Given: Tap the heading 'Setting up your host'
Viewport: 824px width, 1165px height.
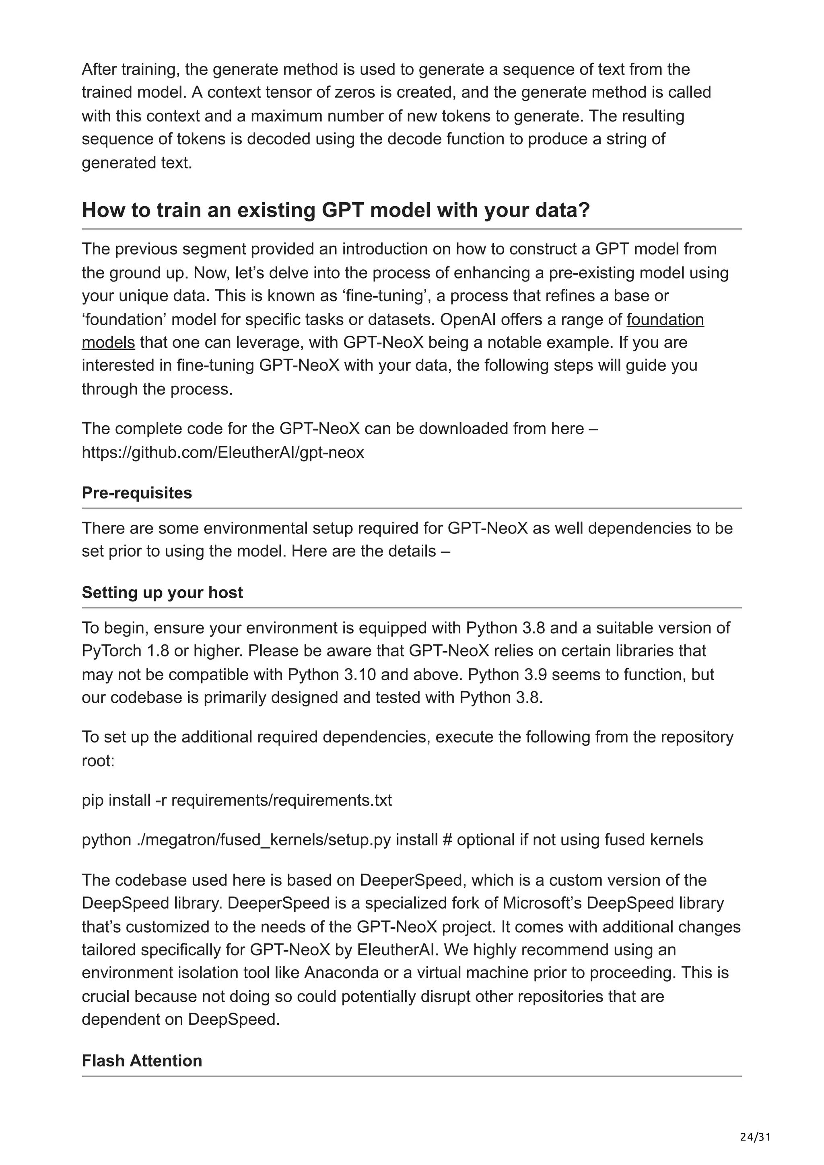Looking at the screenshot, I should point(162,592).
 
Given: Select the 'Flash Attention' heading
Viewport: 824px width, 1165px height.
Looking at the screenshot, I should point(142,1060).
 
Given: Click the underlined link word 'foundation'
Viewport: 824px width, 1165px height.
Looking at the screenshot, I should point(665,319).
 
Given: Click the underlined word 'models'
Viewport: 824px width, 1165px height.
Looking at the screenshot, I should point(108,343).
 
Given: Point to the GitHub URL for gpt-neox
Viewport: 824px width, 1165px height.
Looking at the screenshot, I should point(223,452).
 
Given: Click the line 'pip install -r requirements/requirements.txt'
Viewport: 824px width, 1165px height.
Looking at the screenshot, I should point(237,800).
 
